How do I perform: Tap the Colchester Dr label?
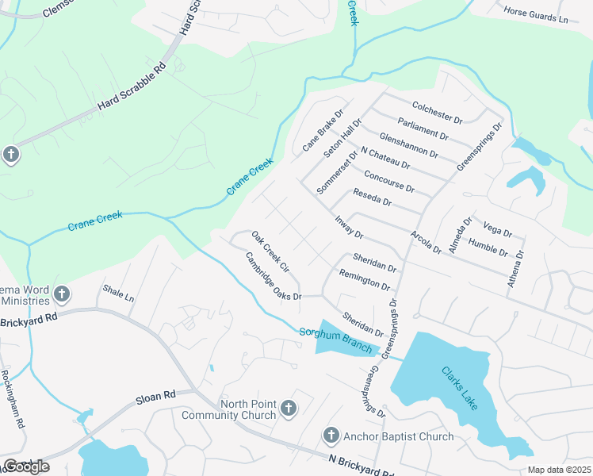[x=437, y=112]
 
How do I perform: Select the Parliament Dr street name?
[x=423, y=129]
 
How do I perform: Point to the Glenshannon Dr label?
[x=408, y=145]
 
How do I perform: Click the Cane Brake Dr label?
[x=323, y=131]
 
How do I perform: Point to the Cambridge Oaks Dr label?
[x=274, y=275]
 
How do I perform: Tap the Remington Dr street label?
[x=365, y=279]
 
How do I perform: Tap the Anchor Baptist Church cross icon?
[x=331, y=436]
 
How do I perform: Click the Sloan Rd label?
[x=158, y=395]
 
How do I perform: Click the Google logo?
[x=26, y=466]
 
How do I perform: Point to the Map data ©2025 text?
[x=558, y=470]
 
